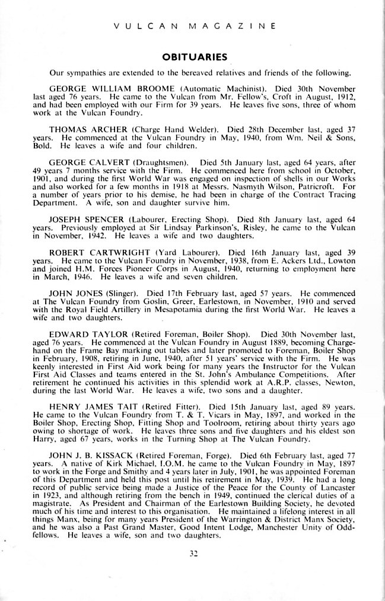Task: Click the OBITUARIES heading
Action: pyautogui.click(x=192, y=58)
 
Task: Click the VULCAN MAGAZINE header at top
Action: pyautogui.click(x=192, y=26)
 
